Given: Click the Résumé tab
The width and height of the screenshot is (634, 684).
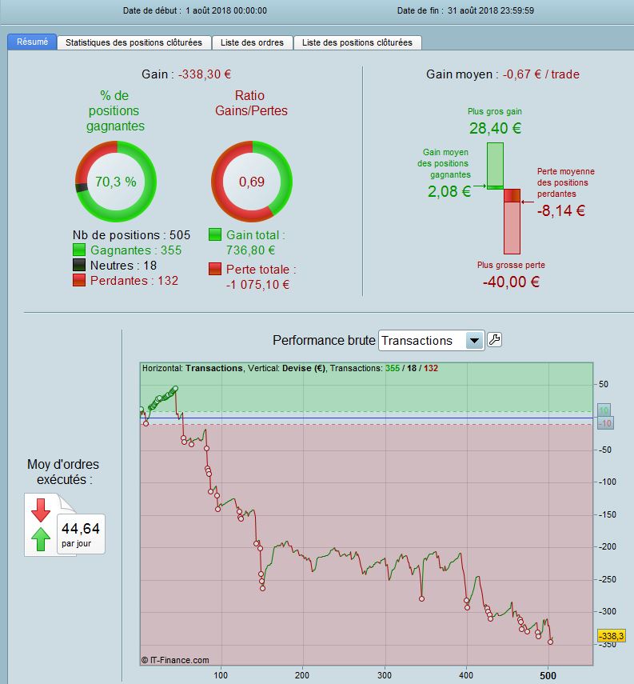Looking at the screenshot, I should (32, 42).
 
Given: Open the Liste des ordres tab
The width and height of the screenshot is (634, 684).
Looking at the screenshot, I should (253, 42).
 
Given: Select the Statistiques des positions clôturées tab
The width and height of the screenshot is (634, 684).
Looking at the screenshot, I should (134, 42).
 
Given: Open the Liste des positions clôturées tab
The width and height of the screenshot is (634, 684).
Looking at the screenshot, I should (357, 42).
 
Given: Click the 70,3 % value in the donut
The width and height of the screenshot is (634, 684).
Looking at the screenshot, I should (116, 182).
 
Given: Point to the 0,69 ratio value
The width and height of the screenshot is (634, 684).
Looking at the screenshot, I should (252, 182).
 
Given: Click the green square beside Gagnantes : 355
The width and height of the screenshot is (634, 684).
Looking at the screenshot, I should (79, 250).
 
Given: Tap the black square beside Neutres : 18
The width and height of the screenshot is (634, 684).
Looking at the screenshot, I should (79, 266).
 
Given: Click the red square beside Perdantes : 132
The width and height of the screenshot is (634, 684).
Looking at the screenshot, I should (79, 281).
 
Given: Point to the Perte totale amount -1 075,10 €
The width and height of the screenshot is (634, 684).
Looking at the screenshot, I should (257, 284).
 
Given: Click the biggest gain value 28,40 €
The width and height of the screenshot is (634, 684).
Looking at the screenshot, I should (495, 128).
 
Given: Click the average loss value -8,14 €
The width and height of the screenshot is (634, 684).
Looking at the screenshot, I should (561, 211).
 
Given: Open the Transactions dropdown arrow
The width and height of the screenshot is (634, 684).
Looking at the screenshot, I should (475, 341).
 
